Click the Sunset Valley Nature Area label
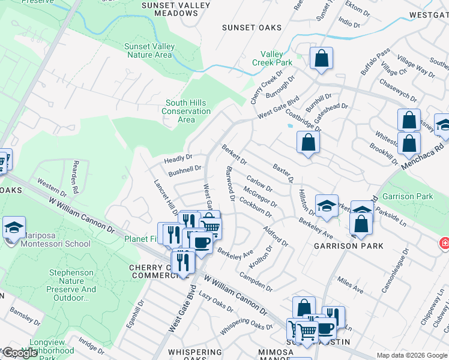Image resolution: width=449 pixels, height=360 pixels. [149, 50]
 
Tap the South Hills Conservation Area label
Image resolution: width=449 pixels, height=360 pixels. [186, 111]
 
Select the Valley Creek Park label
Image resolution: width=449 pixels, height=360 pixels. [271, 58]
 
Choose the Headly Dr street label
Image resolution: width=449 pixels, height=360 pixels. [178, 160]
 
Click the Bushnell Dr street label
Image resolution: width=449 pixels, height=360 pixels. [184, 172]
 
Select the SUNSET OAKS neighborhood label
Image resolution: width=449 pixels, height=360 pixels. [247, 27]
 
